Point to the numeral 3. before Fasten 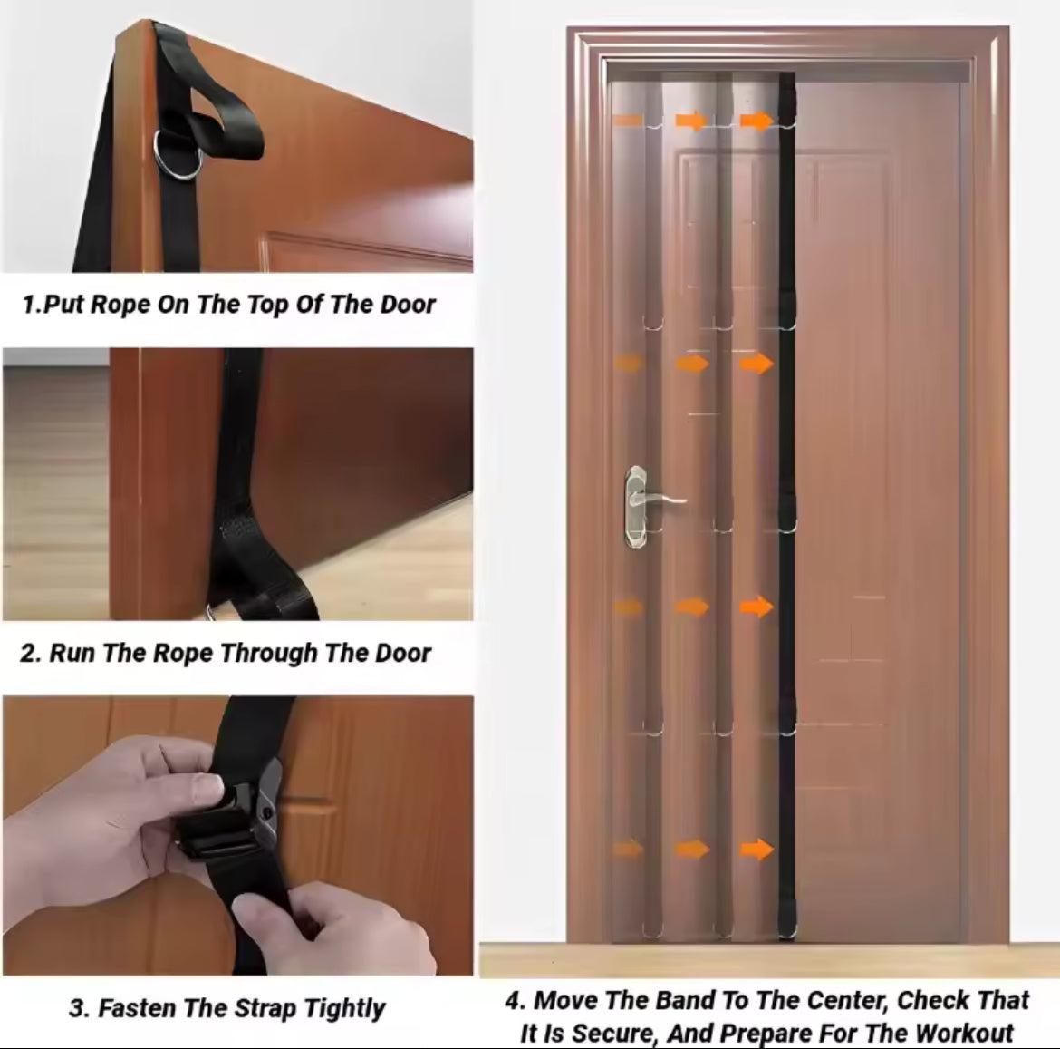pos(79,1008)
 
